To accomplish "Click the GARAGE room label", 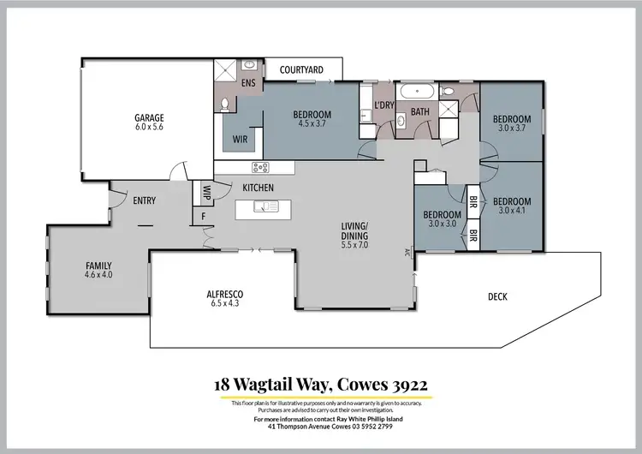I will tap(148, 117).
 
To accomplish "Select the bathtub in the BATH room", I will tap(419, 91).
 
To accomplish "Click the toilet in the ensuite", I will tap(224, 104).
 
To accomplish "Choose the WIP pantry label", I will tap(206, 193).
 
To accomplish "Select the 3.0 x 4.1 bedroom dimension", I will tap(512, 206).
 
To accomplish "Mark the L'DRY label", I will tap(383, 105).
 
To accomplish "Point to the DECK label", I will tap(497, 297).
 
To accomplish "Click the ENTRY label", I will tap(144, 200).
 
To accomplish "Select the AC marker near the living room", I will tap(407, 253).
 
